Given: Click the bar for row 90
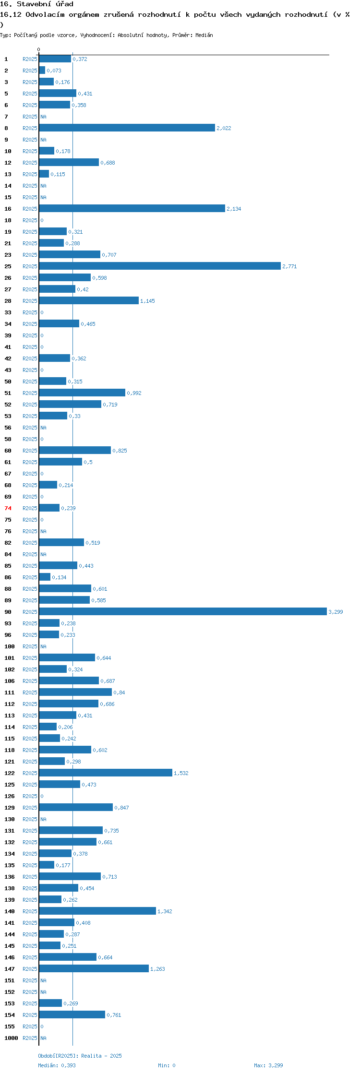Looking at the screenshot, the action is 183,611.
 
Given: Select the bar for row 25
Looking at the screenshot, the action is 160,266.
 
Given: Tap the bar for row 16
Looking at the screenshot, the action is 132,208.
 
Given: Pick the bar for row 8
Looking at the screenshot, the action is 127,128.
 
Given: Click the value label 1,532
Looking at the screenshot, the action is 181,773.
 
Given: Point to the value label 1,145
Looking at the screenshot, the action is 147,301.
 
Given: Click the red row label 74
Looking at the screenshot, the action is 8,508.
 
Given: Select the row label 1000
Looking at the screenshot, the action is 11,1038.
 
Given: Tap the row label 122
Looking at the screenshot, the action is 10,773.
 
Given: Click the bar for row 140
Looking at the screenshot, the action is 97,911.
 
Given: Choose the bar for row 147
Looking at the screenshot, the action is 94,968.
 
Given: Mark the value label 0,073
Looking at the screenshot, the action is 54,71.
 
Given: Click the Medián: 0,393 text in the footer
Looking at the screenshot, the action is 57,1065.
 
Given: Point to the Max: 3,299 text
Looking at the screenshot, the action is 268,1065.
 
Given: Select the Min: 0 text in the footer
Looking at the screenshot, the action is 167,1065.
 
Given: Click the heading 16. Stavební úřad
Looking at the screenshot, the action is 36,4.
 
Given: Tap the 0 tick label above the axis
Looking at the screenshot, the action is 39,49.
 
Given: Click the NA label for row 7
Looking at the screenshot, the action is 43,117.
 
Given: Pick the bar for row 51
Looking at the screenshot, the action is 82,393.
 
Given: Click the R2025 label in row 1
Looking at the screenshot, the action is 30,59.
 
